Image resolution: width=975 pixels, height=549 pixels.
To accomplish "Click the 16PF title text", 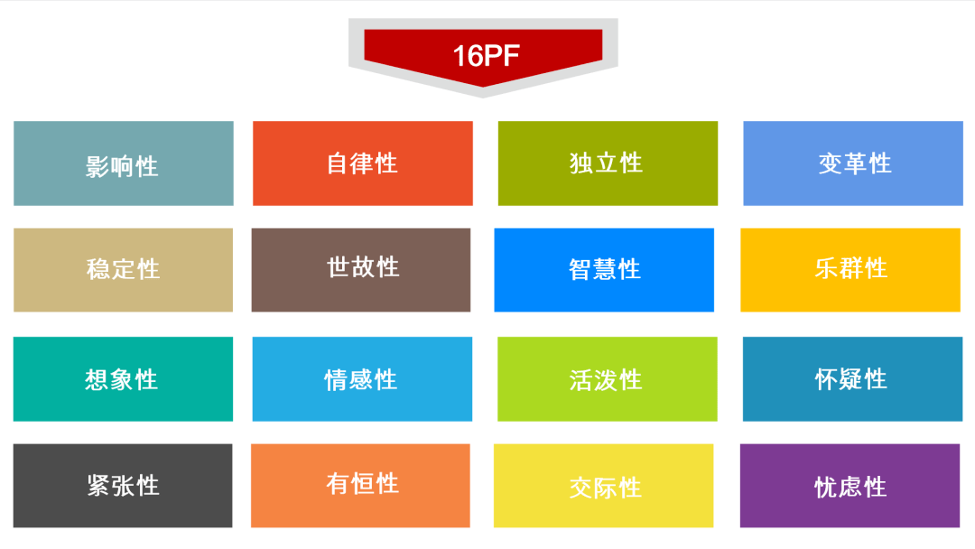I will pyautogui.click(x=485, y=55).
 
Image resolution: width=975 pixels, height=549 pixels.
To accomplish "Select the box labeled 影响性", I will pyautogui.click(x=124, y=163).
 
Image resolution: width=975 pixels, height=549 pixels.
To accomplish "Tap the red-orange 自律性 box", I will pyautogui.click(x=362, y=163).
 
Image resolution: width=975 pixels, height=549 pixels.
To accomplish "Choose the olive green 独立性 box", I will pyautogui.click(x=608, y=163).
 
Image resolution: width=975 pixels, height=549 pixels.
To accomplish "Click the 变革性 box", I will pyautogui.click(x=853, y=163).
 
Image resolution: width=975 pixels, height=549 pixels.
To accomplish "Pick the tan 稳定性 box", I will pyautogui.click(x=123, y=270).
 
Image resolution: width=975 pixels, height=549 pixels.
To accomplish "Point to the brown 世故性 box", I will pyautogui.click(x=361, y=269).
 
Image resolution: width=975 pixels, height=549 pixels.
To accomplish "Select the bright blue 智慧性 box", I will pyautogui.click(x=604, y=270).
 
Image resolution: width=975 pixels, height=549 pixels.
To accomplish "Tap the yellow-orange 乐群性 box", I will pyautogui.click(x=850, y=270).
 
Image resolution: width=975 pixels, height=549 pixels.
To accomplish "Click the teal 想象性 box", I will pyautogui.click(x=123, y=379).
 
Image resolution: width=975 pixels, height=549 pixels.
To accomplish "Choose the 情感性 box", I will pyautogui.click(x=362, y=379).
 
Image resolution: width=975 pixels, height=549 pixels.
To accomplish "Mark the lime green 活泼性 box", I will pyautogui.click(x=607, y=379).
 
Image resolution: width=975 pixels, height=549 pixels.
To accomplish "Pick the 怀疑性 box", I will pyautogui.click(x=852, y=379).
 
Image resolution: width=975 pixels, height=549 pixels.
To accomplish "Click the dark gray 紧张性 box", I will pyautogui.click(x=123, y=486).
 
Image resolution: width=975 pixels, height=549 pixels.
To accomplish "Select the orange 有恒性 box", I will pyautogui.click(x=360, y=486).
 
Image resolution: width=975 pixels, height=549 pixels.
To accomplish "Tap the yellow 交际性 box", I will pyautogui.click(x=603, y=486).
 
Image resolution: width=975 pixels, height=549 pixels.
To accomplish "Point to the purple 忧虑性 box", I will pyautogui.click(x=850, y=486).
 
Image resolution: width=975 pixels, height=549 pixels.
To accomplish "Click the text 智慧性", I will pyautogui.click(x=604, y=269).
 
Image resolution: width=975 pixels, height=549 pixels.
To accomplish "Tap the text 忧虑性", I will pyautogui.click(x=850, y=488).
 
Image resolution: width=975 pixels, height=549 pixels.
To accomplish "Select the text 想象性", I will pyautogui.click(x=122, y=379).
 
